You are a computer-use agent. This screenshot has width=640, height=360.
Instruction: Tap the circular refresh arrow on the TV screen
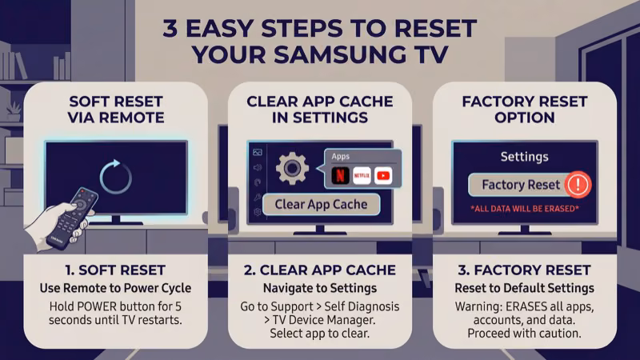[115, 175]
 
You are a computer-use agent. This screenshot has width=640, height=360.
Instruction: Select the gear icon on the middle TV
[292, 169]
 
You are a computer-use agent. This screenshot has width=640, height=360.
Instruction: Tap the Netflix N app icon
[339, 175]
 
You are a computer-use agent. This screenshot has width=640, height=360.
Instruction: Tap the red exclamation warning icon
[576, 185]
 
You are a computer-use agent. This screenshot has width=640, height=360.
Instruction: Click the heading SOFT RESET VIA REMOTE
[115, 110]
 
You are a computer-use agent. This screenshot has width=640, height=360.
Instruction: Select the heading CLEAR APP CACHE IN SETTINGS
[319, 110]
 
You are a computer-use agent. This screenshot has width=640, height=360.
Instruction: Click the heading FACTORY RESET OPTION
[524, 110]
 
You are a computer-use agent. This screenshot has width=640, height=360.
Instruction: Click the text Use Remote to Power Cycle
[115, 288]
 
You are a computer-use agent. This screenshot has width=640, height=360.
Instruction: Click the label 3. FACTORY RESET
[524, 270]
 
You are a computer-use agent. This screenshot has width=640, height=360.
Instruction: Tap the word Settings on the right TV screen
[524, 157]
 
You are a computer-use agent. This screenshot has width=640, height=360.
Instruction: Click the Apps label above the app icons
[340, 157]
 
